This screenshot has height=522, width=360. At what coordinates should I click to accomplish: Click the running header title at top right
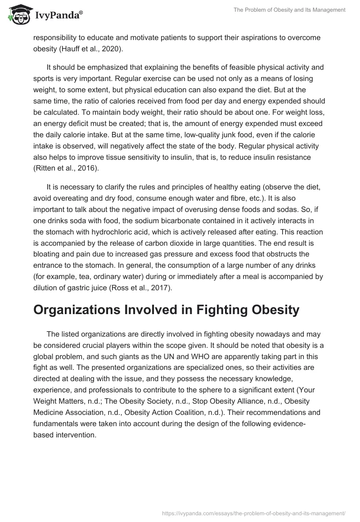pos(289,10)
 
